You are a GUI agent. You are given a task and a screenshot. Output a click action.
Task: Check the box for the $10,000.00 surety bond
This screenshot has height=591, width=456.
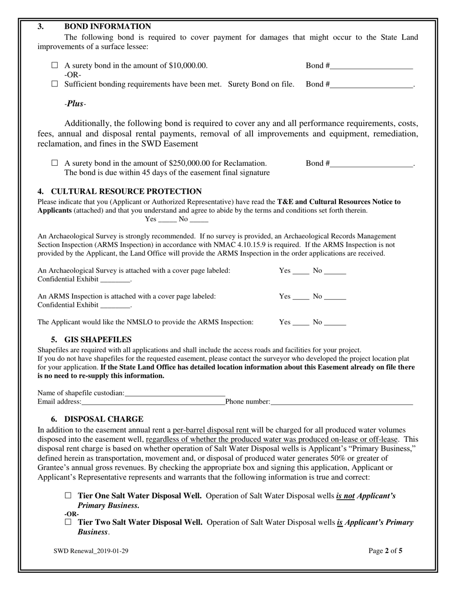[54, 65]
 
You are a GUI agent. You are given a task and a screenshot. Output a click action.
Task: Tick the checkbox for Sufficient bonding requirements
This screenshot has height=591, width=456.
[54, 84]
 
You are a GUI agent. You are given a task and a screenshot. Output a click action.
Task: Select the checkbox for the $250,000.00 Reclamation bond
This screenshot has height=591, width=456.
[54, 163]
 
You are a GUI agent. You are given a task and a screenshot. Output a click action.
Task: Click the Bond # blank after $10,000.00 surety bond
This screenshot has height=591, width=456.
[371, 66]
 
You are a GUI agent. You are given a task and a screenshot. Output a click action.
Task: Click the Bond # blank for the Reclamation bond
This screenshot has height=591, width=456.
[371, 164]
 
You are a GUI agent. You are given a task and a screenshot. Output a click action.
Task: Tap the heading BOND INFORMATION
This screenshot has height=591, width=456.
[108, 26]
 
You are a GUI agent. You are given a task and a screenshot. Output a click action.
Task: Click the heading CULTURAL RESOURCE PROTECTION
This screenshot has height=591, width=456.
[126, 191]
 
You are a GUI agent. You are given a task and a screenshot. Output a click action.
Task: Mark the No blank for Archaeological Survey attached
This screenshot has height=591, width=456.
[335, 271]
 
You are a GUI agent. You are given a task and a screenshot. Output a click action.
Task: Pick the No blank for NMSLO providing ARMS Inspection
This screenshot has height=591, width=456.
[335, 323]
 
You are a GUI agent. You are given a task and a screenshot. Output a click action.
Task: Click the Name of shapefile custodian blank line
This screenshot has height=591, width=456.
[175, 394]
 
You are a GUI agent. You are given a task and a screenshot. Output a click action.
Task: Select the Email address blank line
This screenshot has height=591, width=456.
[153, 402]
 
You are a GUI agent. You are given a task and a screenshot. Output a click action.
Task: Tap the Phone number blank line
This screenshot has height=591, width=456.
[341, 402]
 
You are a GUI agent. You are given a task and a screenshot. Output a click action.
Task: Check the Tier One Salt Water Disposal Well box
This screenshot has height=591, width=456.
[68, 495]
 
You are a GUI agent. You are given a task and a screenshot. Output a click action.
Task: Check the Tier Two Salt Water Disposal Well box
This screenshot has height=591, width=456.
[68, 522]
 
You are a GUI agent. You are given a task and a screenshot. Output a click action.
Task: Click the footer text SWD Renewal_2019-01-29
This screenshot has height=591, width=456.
[91, 551]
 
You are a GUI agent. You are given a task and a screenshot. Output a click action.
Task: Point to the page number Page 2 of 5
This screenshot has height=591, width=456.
[385, 551]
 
